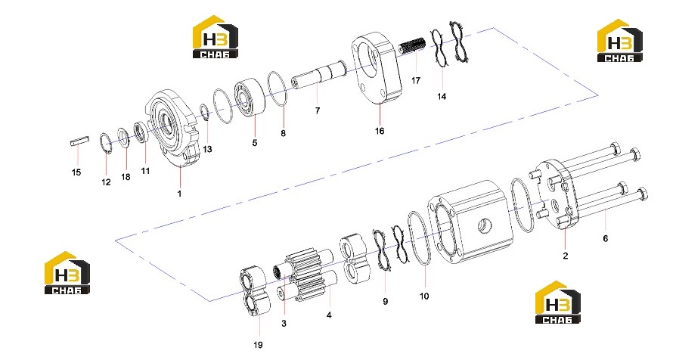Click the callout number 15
[x=76, y=172]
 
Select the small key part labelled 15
[x=79, y=141]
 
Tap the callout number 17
[x=416, y=81]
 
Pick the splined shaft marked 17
[x=411, y=45]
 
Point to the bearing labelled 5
[x=250, y=97]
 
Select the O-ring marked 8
[x=278, y=88]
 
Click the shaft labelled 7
[x=318, y=76]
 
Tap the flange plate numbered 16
[x=377, y=68]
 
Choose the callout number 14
[x=442, y=97]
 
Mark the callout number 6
[x=605, y=238]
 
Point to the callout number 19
[x=258, y=345]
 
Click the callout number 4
[x=329, y=315]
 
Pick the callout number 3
[x=284, y=324]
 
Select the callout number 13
[x=207, y=149]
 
